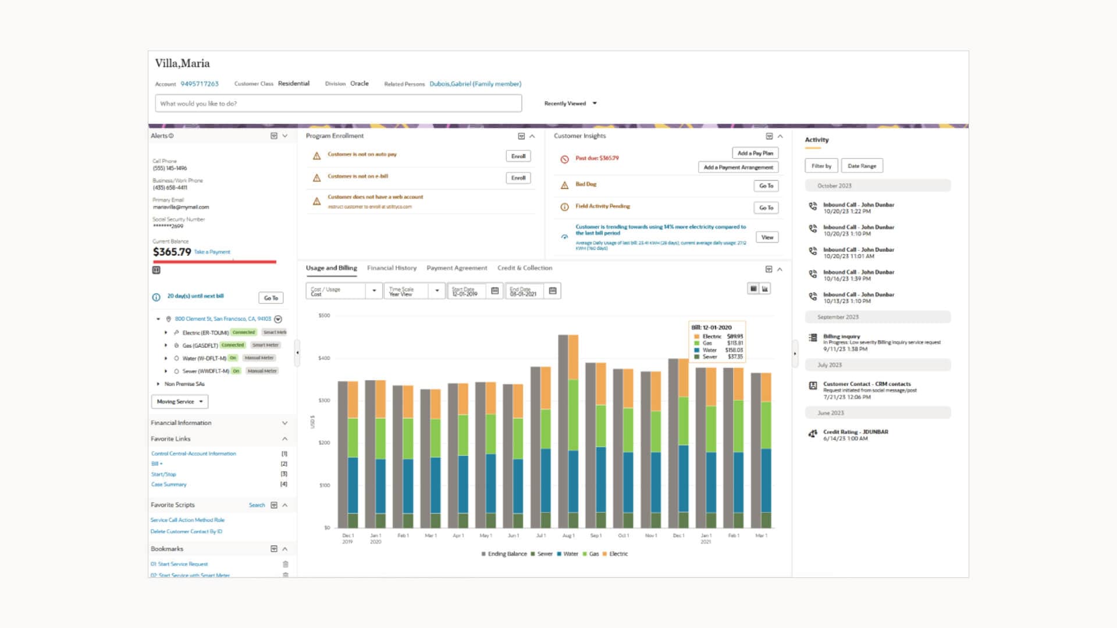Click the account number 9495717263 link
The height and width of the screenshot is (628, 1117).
pos(200,84)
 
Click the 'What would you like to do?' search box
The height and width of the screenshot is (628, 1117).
pos(338,104)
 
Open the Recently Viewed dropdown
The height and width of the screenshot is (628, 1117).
pos(570,104)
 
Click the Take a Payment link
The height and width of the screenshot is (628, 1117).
pos(212,252)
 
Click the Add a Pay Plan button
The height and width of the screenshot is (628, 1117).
pos(755,153)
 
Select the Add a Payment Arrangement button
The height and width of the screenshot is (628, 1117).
pos(738,167)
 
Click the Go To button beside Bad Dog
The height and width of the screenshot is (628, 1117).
pos(766,186)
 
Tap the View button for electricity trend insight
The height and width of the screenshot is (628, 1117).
pos(767,237)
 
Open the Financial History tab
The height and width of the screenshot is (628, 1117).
pos(392,268)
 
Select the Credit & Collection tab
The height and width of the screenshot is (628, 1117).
pos(525,268)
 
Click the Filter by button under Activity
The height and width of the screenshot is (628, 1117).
pos(821,166)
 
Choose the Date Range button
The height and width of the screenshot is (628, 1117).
pos(862,166)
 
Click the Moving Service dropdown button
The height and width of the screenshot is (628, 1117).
pos(180,402)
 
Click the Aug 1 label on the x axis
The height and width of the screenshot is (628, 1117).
pos(568,536)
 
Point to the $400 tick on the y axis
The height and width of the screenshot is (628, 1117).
pos(324,358)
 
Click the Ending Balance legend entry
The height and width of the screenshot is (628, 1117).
pos(504,554)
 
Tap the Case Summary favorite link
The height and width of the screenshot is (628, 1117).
pos(169,484)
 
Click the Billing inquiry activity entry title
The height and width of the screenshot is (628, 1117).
pos(841,337)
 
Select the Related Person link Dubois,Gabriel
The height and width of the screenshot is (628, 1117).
pos(475,84)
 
